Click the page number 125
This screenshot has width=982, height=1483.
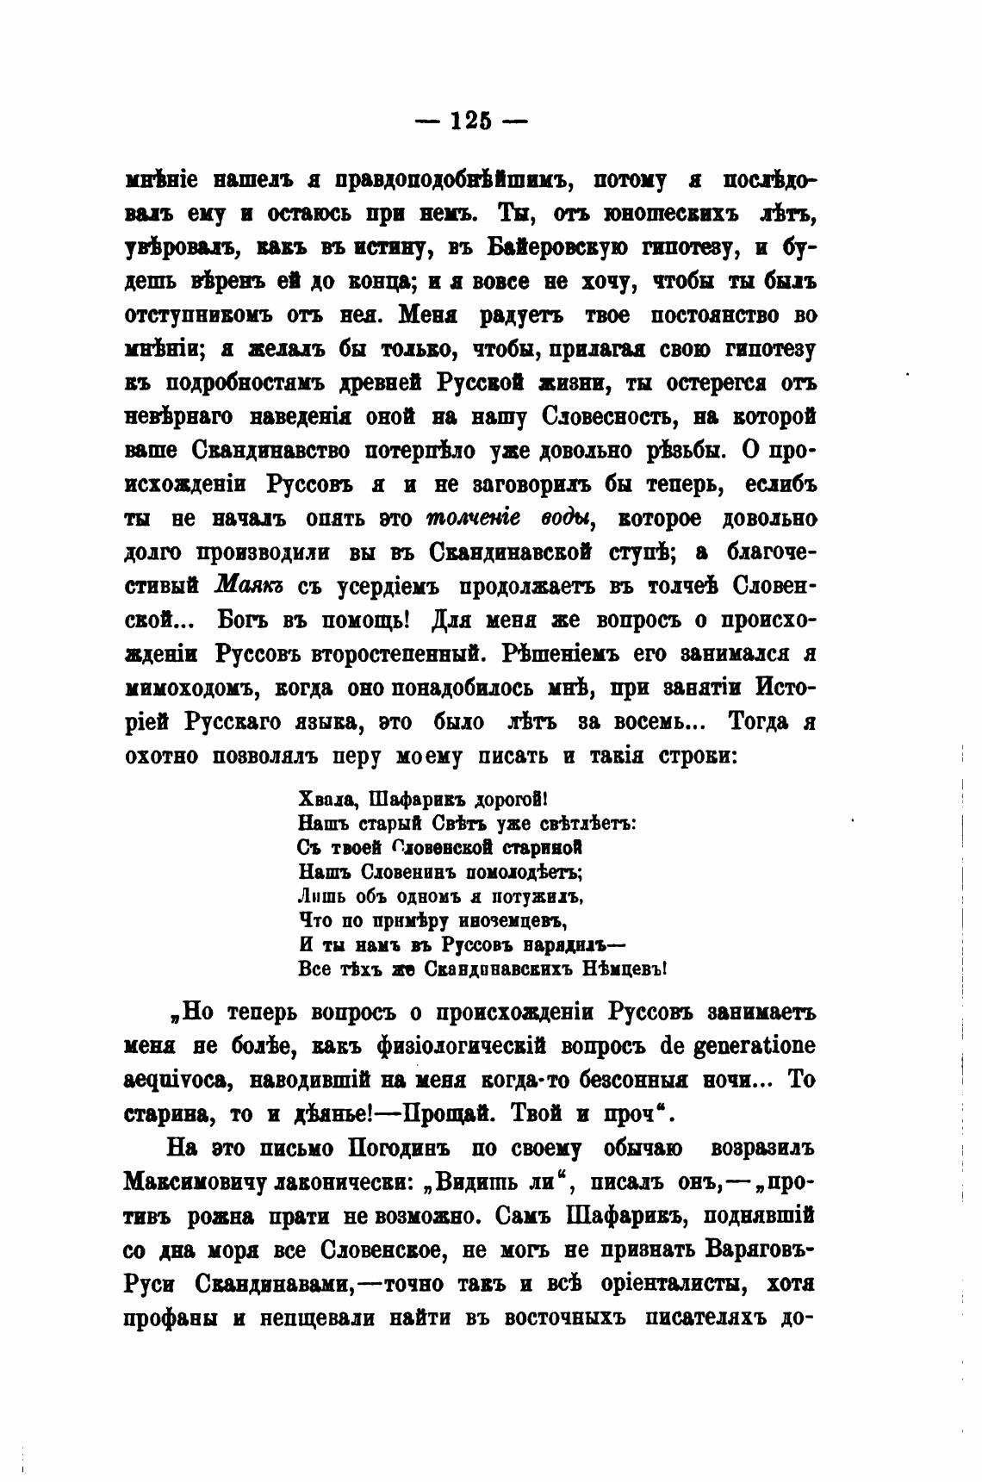[x=470, y=121]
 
